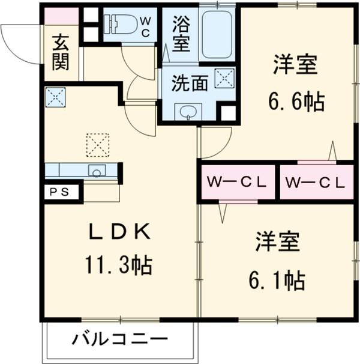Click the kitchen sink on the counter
97,171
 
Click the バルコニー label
120,341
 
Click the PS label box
59,192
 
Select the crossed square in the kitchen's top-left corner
55,97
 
